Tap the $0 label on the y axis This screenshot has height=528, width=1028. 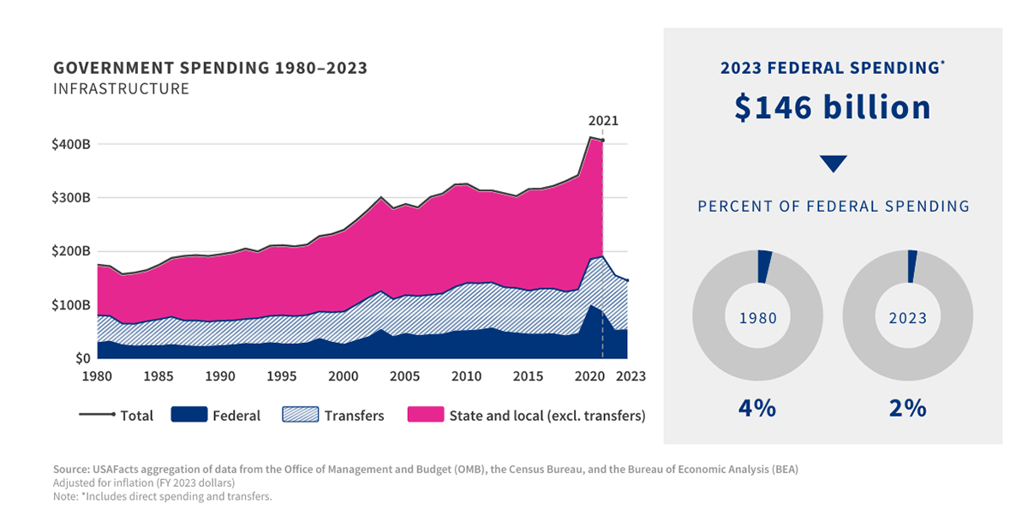pos(81,358)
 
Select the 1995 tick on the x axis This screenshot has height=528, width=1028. pos(282,376)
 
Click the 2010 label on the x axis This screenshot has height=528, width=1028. pos(466,376)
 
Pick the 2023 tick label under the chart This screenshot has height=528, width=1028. pos(630,376)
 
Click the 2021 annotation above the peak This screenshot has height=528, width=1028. pos(602,122)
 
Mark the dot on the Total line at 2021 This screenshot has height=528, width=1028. pos(602,140)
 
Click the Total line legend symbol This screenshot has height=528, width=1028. pos(97,415)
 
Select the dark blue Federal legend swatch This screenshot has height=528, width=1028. pos(189,415)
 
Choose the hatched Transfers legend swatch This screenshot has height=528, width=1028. pos(300,415)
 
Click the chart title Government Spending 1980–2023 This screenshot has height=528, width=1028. pos(210,69)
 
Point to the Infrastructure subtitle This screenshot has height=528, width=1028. pos(121,89)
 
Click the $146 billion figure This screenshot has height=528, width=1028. pos(833,107)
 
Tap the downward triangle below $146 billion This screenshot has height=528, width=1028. pos(833,163)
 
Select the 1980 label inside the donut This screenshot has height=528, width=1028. pos(757,318)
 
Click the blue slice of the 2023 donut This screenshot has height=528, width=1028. pos(912,266)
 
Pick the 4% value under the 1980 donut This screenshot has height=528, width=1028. pos(757,408)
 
